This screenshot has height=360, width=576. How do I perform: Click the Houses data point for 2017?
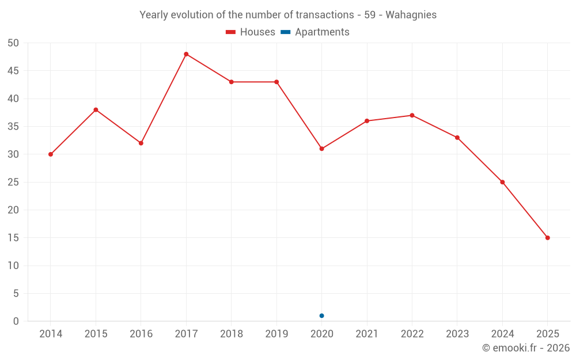(x=186, y=54)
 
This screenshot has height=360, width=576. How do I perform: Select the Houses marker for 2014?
(x=51, y=154)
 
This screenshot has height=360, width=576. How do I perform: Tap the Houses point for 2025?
(x=547, y=238)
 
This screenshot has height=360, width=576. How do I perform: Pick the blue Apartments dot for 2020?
(x=321, y=316)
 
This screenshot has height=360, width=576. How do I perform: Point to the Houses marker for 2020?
(x=321, y=149)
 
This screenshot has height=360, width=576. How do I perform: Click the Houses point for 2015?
(x=96, y=109)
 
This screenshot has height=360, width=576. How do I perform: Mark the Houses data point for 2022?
(x=412, y=115)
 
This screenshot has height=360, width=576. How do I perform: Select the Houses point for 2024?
(x=502, y=182)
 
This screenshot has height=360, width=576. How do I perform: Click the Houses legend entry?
(x=250, y=32)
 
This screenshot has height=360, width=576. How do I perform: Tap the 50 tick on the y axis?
(x=13, y=43)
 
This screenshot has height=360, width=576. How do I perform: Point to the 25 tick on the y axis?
(x=13, y=182)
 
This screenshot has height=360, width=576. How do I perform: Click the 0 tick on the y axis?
(x=16, y=321)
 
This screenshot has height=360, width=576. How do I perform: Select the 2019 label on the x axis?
(x=276, y=334)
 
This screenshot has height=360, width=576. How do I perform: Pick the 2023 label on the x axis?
(x=457, y=334)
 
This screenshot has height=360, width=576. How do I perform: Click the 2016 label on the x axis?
(x=141, y=334)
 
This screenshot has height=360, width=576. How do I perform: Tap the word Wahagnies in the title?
(x=411, y=15)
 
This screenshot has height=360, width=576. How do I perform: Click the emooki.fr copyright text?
(x=525, y=348)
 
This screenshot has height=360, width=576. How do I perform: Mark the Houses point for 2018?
(x=231, y=82)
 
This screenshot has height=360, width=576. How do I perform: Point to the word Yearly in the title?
(x=154, y=15)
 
